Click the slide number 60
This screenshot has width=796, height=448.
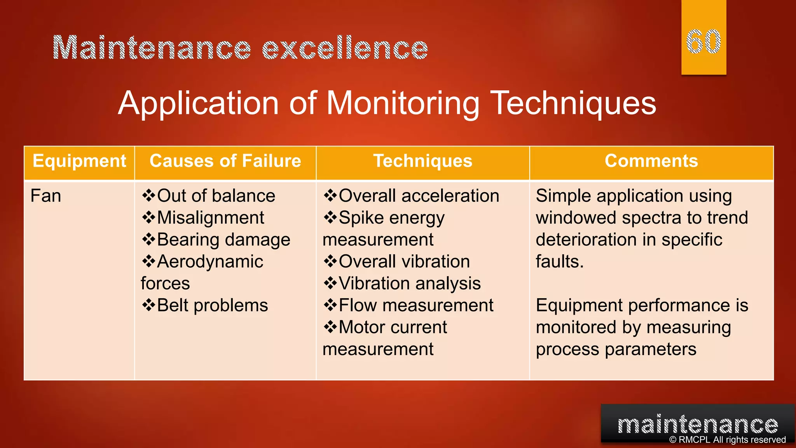pyautogui.click(x=703, y=42)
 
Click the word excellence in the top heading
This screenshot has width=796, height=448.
pyautogui.click(x=345, y=48)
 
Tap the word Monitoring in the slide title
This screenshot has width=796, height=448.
pyautogui.click(x=403, y=103)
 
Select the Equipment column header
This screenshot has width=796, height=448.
pyautogui.click(x=79, y=161)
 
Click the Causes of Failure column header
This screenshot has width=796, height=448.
pyautogui.click(x=225, y=161)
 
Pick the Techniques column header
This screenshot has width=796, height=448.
pyautogui.click(x=423, y=161)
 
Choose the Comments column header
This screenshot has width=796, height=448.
pyautogui.click(x=651, y=161)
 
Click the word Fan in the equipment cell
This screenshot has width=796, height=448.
pyautogui.click(x=46, y=196)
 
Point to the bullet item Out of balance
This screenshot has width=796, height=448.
pyautogui.click(x=216, y=196)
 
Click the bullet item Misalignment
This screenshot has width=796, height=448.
pyautogui.click(x=210, y=218)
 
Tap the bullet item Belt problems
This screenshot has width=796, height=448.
pyautogui.click(x=212, y=306)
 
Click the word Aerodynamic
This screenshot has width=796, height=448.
pyautogui.click(x=210, y=262)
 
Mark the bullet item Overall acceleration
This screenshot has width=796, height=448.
pyautogui.click(x=419, y=196)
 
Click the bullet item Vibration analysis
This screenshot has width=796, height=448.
pyautogui.click(x=410, y=283)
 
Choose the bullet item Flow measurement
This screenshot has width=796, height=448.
pyautogui.click(x=416, y=306)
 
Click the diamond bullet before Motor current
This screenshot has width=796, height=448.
pyautogui.click(x=330, y=327)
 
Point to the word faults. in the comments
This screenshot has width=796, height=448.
pyautogui.click(x=560, y=262)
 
